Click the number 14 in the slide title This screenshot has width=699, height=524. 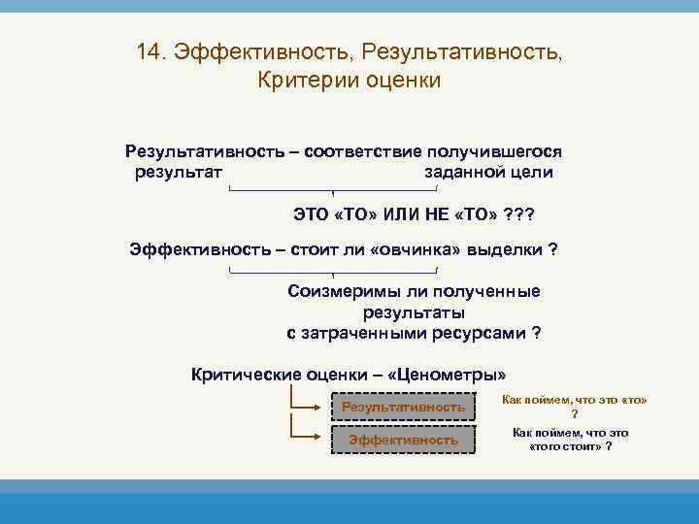[149, 52]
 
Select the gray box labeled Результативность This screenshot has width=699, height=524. [403, 407]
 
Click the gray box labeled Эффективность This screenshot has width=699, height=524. [403, 440]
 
